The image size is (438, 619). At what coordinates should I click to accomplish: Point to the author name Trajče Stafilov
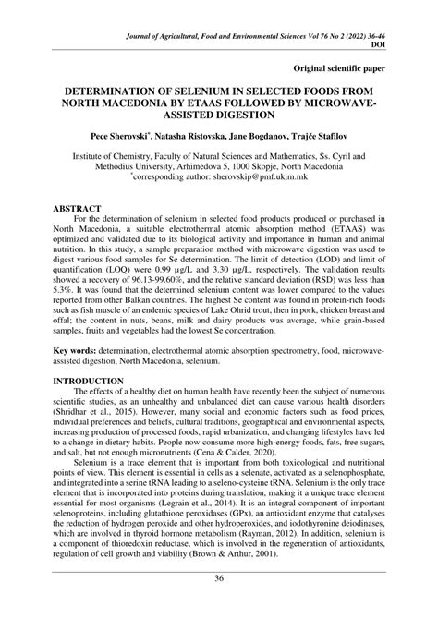point(349,135)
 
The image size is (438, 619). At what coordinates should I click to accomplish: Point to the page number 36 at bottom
point(219,606)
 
